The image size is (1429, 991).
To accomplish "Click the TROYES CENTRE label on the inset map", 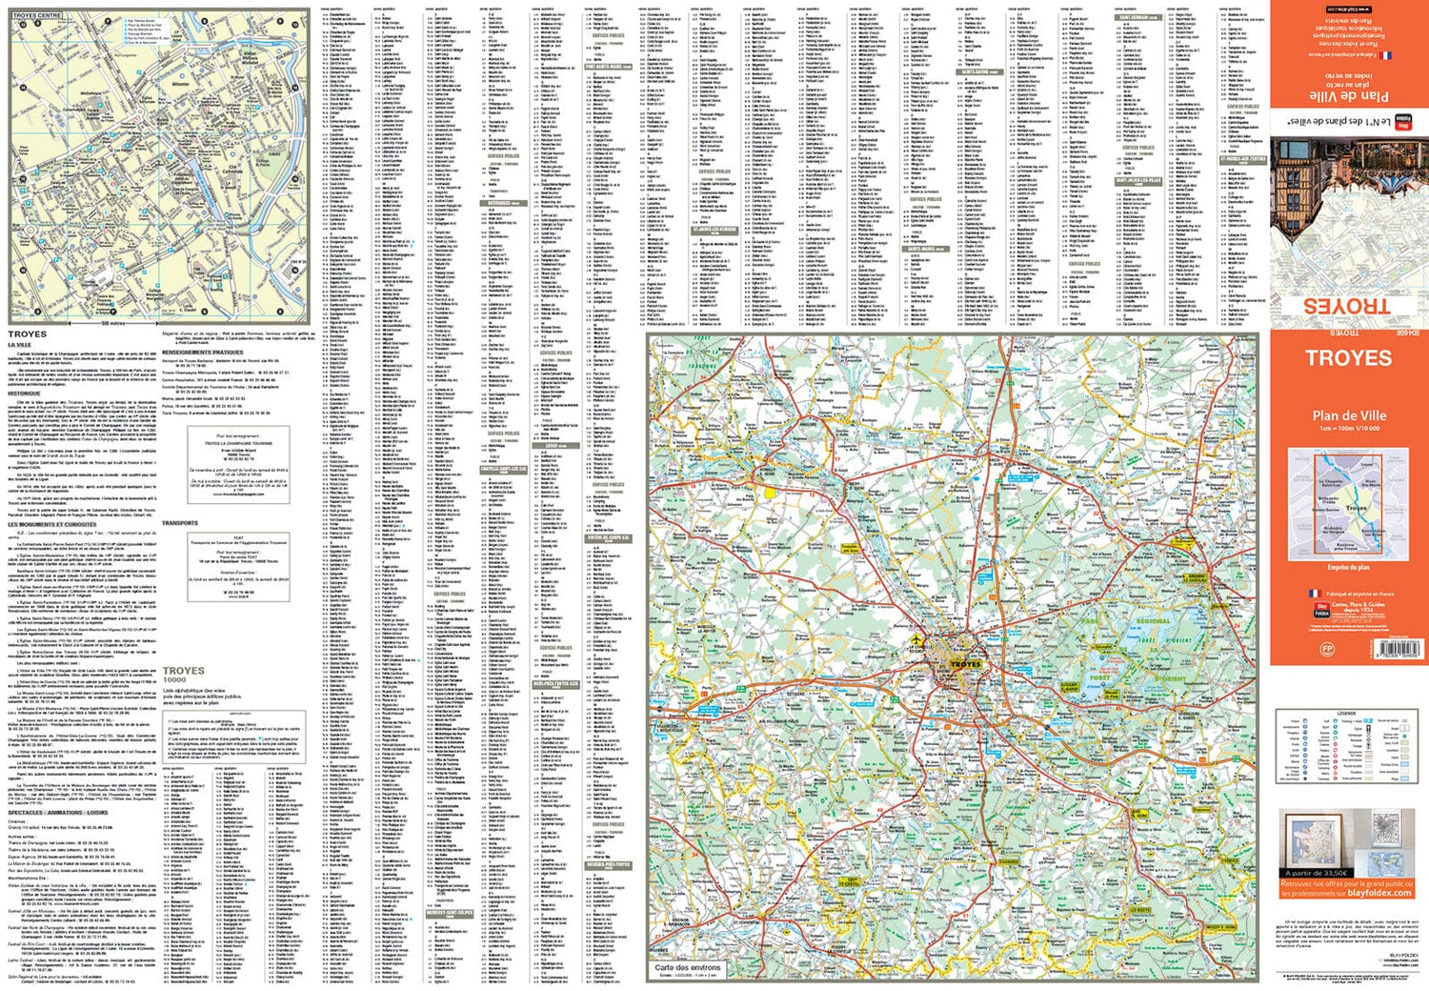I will pyautogui.click(x=37, y=15).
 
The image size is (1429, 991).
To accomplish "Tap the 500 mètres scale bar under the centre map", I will pyautogui.click(x=112, y=324).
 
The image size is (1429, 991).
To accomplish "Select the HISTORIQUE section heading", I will pyautogui.click(x=25, y=393).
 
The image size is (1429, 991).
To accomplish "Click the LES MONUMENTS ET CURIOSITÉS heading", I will pyautogui.click(x=52, y=524).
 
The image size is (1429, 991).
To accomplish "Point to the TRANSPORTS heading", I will pyautogui.click(x=180, y=523).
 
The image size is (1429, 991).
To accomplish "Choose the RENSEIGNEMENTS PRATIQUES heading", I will pyautogui.click(x=202, y=353).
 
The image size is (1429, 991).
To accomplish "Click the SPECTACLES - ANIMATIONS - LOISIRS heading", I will pyautogui.click(x=58, y=812).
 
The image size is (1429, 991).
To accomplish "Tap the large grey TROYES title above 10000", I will pyautogui.click(x=184, y=671).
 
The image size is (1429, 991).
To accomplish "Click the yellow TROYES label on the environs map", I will pyautogui.click(x=964, y=664).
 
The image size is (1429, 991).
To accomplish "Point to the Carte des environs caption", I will pyautogui.click(x=688, y=967).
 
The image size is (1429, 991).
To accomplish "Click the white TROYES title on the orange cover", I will pyautogui.click(x=1348, y=358).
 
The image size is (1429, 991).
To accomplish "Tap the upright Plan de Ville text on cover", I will pyautogui.click(x=1349, y=415).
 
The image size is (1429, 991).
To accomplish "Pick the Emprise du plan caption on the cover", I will pyautogui.click(x=1348, y=567).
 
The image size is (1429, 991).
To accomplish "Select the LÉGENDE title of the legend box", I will pyautogui.click(x=1346, y=713).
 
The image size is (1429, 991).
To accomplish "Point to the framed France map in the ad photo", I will pyautogui.click(x=1310, y=839).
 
